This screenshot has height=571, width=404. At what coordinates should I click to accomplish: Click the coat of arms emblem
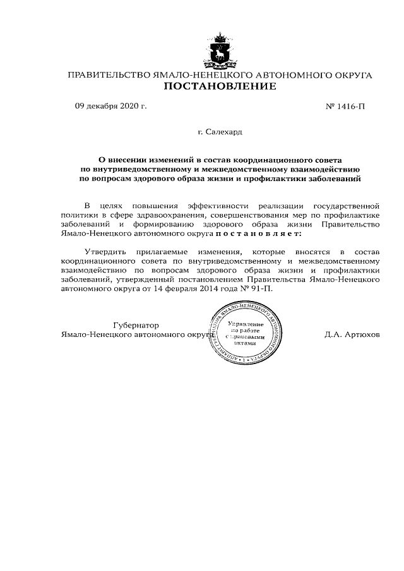click(x=220, y=50)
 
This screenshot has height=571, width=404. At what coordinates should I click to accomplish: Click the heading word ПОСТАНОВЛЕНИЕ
click(x=220, y=86)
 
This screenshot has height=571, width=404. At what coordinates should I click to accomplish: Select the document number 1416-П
click(x=347, y=105)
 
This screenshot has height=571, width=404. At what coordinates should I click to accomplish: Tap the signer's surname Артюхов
click(x=362, y=334)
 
